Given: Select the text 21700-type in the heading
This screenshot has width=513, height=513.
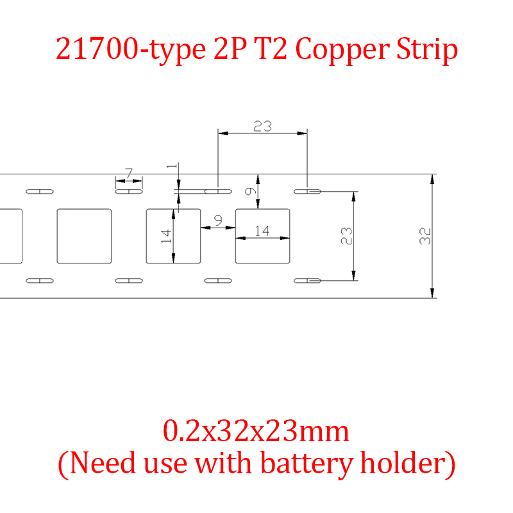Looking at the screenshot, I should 127,49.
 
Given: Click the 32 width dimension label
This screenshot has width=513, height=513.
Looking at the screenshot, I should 425,236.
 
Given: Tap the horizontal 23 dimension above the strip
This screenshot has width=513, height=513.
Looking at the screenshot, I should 262,126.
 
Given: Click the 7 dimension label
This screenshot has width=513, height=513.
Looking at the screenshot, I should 129,173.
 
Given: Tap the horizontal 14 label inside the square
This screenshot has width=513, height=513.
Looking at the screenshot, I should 262,230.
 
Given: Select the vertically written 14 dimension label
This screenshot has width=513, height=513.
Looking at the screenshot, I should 167,235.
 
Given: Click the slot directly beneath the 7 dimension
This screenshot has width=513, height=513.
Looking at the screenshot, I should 129,191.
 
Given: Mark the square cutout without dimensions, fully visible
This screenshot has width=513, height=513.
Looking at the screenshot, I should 84,236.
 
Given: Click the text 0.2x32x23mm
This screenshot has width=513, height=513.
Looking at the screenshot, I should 256,432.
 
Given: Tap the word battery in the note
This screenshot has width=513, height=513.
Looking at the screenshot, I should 312,463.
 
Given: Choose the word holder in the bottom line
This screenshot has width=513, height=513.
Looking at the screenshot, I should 408,463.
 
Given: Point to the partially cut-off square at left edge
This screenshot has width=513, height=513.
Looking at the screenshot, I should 10,236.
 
